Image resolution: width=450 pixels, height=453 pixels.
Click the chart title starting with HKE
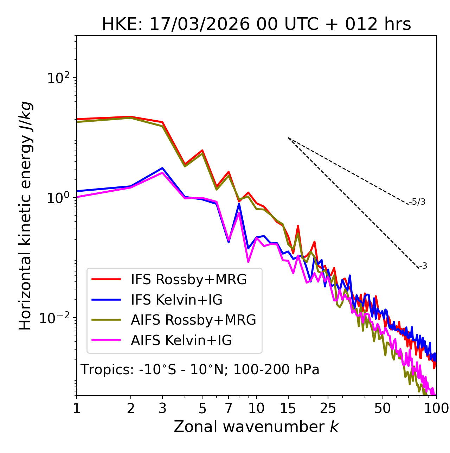click(x=256, y=24)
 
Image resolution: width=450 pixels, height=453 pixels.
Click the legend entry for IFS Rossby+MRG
click(x=188, y=280)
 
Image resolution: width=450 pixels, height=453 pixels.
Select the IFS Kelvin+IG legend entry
click(x=176, y=300)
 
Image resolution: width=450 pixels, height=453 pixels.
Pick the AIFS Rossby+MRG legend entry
click(x=193, y=320)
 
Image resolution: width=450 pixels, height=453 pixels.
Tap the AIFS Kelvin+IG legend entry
click(x=181, y=340)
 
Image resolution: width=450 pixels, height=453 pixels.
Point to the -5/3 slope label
click(x=417, y=202)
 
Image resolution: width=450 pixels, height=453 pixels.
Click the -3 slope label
click(x=423, y=266)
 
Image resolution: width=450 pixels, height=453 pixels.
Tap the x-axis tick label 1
click(x=77, y=408)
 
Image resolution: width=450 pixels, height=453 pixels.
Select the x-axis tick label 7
click(x=229, y=408)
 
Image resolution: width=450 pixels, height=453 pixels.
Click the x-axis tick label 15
click(x=288, y=408)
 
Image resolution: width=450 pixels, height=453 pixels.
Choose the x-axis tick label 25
click(x=328, y=408)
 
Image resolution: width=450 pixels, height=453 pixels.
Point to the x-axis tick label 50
click(x=382, y=408)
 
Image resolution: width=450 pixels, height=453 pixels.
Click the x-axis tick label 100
click(x=436, y=408)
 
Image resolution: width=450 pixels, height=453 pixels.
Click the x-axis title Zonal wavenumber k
click(x=256, y=427)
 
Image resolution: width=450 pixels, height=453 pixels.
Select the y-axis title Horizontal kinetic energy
click(x=26, y=216)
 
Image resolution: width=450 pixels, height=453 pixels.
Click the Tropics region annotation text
click(x=200, y=370)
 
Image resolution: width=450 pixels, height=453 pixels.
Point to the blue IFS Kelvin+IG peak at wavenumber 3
click(x=162, y=168)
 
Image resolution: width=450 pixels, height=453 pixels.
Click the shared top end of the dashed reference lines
click(x=288, y=138)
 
